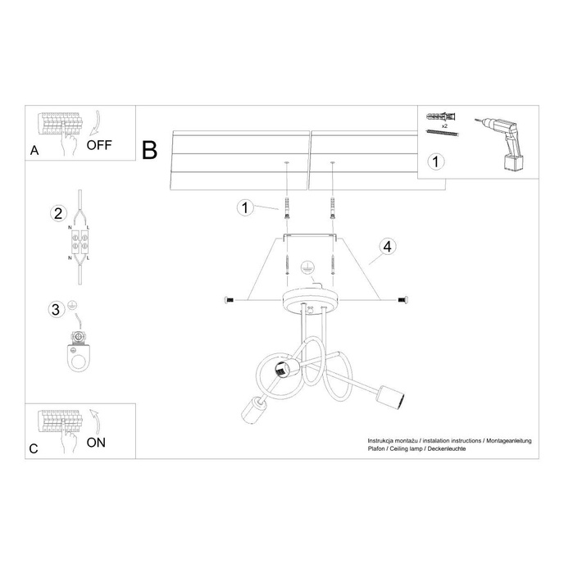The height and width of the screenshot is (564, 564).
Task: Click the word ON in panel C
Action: click(97, 443)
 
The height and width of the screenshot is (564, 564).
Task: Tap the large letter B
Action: click(149, 150)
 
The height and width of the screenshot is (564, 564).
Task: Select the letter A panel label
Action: click(34, 151)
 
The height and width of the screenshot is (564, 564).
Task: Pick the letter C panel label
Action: click(34, 448)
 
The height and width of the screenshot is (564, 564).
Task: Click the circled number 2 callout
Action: click(57, 214)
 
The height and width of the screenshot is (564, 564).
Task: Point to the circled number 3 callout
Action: click(57, 309)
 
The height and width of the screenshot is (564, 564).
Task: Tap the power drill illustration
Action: click(505, 139)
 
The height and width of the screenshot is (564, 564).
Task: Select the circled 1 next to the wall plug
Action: click(244, 207)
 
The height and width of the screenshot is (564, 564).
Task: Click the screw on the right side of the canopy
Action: click(402, 299)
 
